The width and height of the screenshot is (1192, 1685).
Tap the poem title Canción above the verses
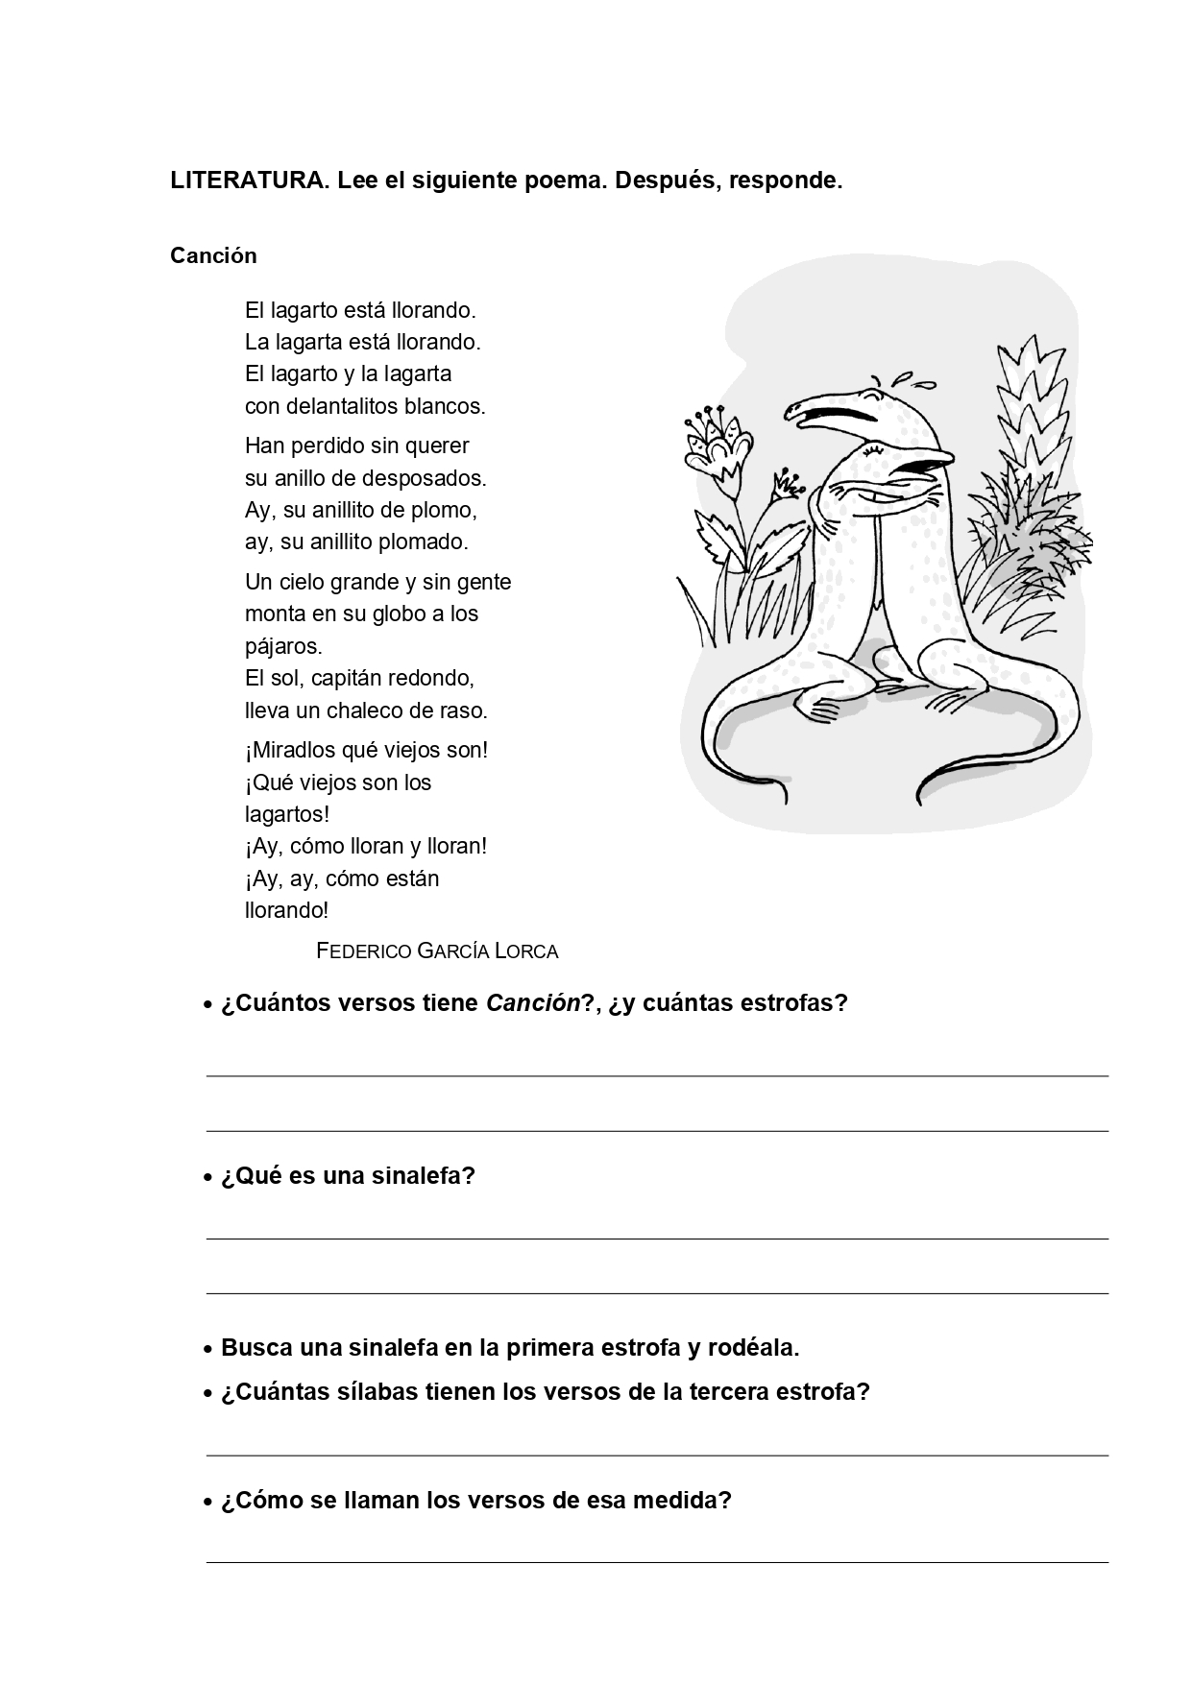(x=213, y=255)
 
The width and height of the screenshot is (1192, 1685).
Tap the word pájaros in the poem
(x=282, y=646)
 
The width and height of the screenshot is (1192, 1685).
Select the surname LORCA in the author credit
(x=526, y=951)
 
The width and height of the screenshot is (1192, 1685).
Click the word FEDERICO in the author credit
(x=364, y=951)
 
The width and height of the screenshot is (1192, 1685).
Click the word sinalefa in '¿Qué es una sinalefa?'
(x=424, y=1176)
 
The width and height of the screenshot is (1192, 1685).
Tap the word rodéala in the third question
(x=752, y=1348)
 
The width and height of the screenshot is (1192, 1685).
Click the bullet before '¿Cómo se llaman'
(x=207, y=1503)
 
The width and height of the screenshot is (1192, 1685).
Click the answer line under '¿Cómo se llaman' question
(x=657, y=1562)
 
